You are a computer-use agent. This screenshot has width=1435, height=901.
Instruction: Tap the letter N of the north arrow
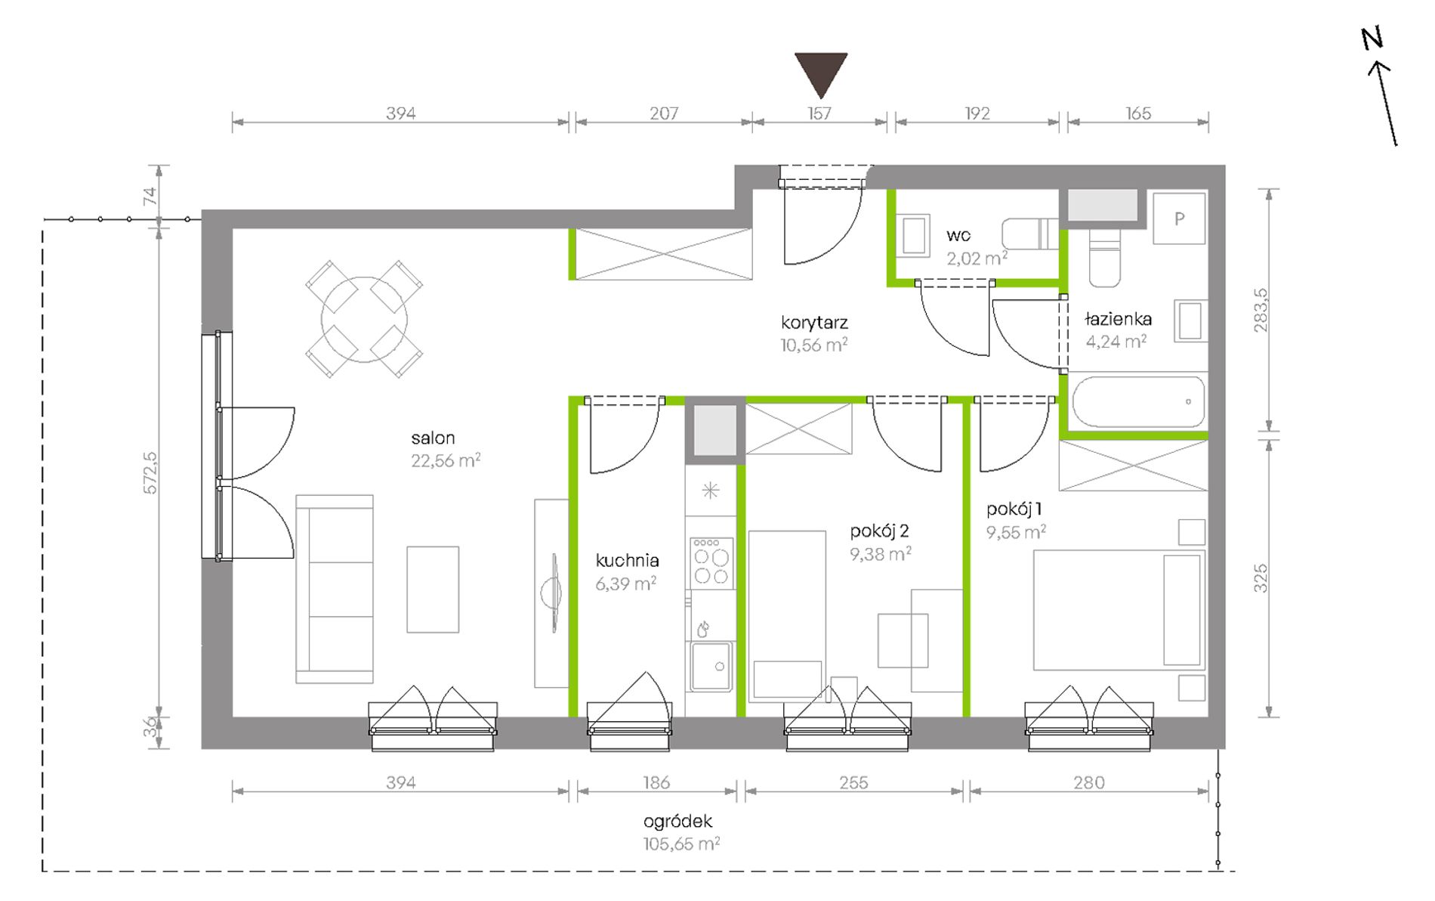(x=1372, y=39)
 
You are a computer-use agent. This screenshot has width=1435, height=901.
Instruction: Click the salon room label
(x=433, y=438)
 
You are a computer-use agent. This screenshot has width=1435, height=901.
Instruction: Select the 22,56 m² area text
(x=446, y=460)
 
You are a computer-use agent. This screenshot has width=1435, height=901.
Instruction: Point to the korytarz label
(x=814, y=323)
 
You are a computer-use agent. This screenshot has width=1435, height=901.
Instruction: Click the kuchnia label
(x=627, y=561)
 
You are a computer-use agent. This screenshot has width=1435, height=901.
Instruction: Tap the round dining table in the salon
(x=364, y=320)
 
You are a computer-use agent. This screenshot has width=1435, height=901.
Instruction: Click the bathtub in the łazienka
(x=1138, y=402)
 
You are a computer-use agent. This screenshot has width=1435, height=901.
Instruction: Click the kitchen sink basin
(x=711, y=666)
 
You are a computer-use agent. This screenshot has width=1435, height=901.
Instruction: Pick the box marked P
(x=1179, y=218)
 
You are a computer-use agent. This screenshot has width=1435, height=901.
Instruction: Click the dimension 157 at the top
(x=819, y=113)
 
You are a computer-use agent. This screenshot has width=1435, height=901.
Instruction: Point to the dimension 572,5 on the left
(x=150, y=473)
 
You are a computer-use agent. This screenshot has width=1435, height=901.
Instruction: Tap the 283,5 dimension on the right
(x=1261, y=311)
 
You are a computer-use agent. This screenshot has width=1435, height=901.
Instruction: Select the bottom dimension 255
(x=853, y=783)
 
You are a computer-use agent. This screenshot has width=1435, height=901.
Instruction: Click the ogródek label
(x=677, y=822)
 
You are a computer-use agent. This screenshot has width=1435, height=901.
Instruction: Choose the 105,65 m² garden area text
(x=681, y=844)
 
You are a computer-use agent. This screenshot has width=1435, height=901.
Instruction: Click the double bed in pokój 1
(x=1119, y=610)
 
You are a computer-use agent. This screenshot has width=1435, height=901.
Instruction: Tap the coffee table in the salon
(x=433, y=590)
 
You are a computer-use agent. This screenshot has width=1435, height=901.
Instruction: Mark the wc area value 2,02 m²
(x=977, y=259)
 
